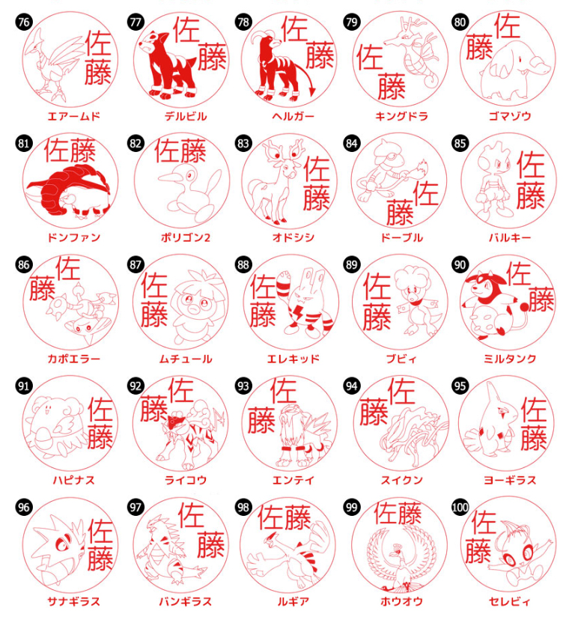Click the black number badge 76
click(x=24, y=22)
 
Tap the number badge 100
click(x=460, y=508)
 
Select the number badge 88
click(x=243, y=264)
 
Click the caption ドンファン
click(x=74, y=237)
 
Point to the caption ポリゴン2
click(x=185, y=237)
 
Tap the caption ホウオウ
click(x=401, y=601)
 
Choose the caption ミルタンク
click(x=510, y=359)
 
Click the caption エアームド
click(x=74, y=116)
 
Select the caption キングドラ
click(x=401, y=116)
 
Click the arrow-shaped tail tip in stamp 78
click(x=312, y=91)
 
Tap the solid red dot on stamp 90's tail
click(x=524, y=307)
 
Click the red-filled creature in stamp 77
click(x=169, y=63)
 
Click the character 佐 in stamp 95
click(x=534, y=410)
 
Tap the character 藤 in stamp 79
click(x=392, y=86)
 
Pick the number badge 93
click(x=243, y=386)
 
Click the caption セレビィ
click(x=510, y=601)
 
